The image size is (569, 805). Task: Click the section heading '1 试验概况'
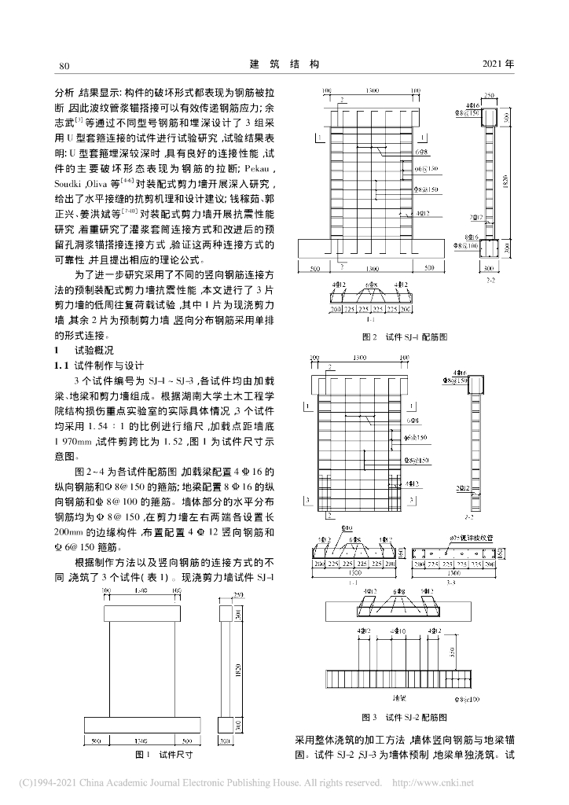point(83,350)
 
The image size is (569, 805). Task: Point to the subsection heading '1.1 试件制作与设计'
point(98,366)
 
